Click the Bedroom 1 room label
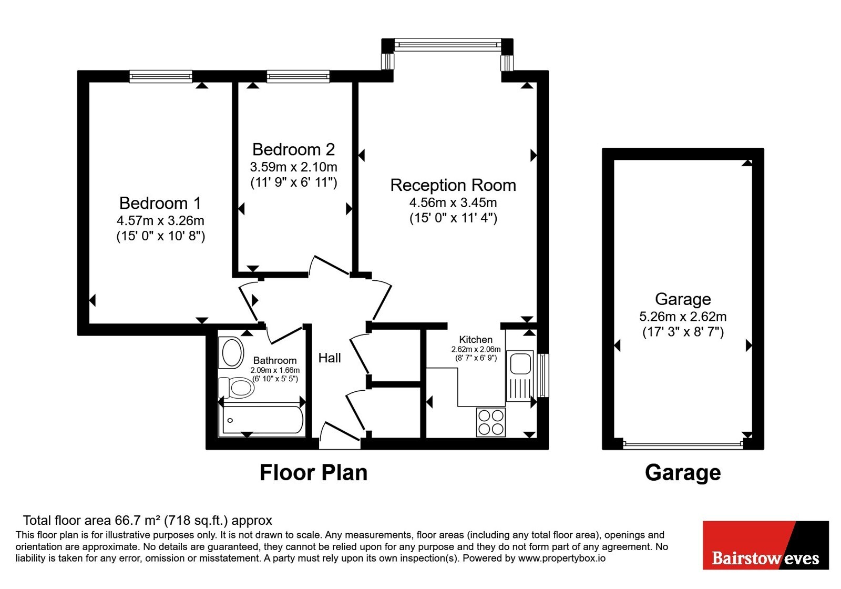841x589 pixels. click(x=160, y=203)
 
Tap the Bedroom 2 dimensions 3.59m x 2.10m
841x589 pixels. click(x=294, y=167)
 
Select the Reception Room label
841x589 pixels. click(x=453, y=185)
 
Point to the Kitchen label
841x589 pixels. click(x=476, y=340)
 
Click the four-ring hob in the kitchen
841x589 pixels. click(x=491, y=422)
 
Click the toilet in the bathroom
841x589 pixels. click(x=237, y=388)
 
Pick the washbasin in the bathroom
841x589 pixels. click(x=233, y=352)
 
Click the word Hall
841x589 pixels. click(x=330, y=358)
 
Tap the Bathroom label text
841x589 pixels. click(x=275, y=361)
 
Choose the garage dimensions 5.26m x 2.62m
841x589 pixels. click(x=683, y=317)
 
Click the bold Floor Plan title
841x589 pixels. click(x=313, y=473)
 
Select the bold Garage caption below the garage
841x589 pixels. click(x=683, y=473)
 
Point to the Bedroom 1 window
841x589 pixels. click(x=161, y=77)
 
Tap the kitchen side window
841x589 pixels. click(x=543, y=375)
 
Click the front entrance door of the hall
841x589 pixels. click(x=340, y=436)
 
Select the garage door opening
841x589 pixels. click(x=683, y=445)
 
